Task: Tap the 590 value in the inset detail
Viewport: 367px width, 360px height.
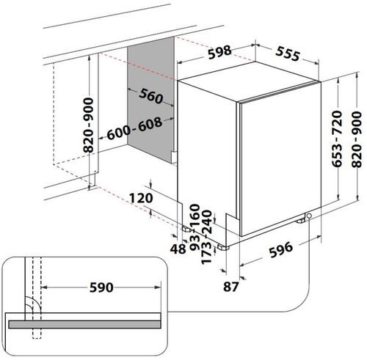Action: [x=101, y=287]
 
